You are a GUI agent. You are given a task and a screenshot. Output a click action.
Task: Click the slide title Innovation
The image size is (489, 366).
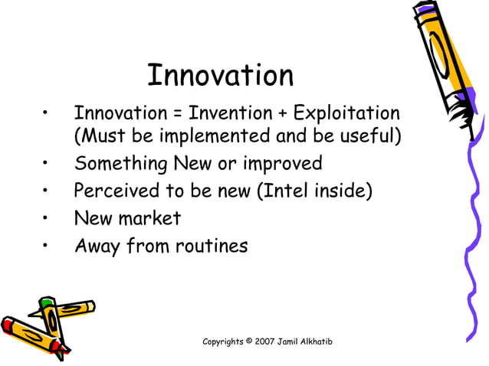(x=220, y=76)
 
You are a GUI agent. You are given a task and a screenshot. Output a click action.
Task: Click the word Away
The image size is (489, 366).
(x=97, y=247)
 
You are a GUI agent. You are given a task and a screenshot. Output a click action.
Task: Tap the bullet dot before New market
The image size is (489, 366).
(x=48, y=219)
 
